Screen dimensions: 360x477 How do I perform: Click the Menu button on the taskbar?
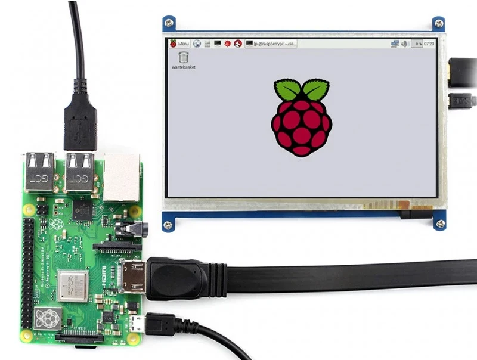coord(179,44)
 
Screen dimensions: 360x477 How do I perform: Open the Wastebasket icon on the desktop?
coord(183,58)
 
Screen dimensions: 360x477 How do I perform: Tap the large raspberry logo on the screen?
coord(301,117)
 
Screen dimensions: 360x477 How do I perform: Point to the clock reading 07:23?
coord(428,44)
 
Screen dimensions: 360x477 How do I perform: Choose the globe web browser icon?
coord(197,44)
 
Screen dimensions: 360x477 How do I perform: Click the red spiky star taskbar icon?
coord(228,44)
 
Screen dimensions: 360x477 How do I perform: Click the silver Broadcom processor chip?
coord(73,285)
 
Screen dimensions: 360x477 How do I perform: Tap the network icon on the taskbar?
coord(394,44)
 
